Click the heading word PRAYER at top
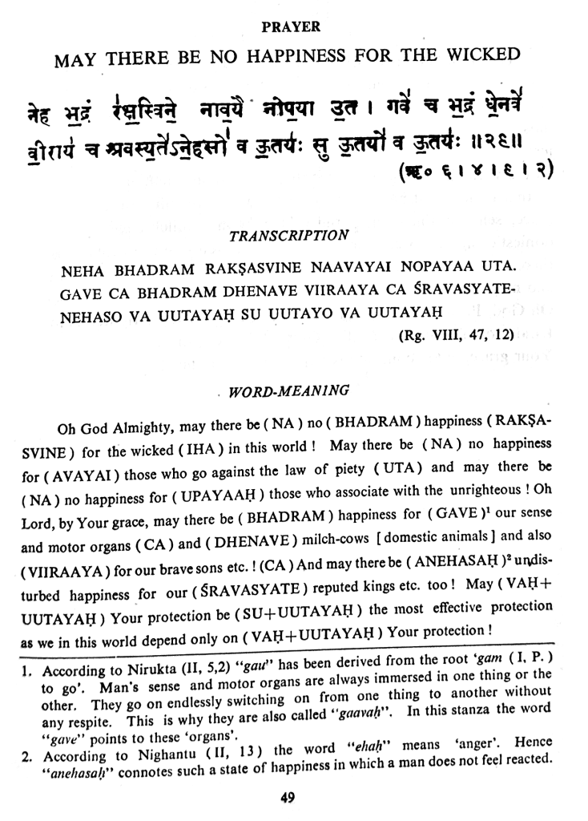pyautogui.click(x=292, y=27)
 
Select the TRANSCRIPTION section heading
pyautogui.click(x=288, y=237)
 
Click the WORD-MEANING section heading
pyautogui.click(x=288, y=392)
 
